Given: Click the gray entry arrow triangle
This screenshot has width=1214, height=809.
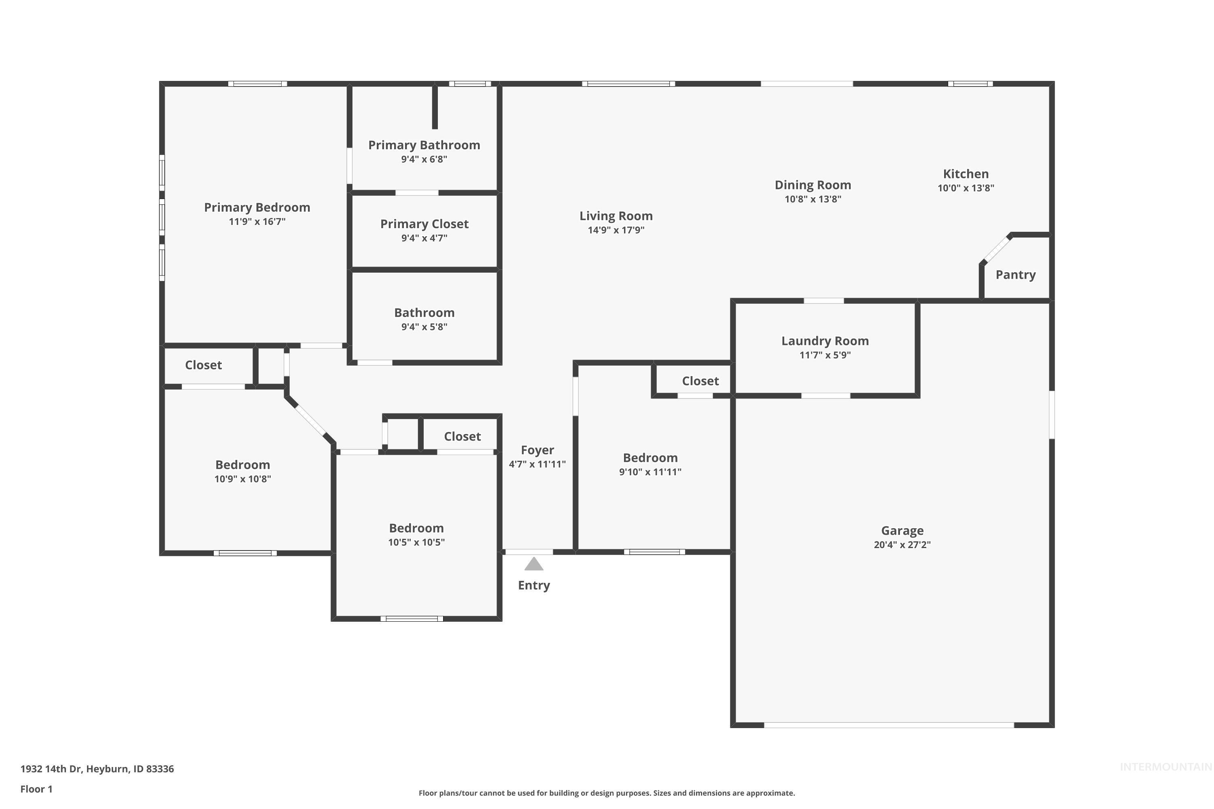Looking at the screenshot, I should [x=534, y=564].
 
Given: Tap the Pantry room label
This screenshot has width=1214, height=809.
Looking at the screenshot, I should [x=1015, y=275].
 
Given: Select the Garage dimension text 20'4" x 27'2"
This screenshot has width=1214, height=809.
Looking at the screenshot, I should [x=902, y=545].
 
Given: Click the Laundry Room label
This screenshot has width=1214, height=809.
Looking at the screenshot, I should [x=825, y=341].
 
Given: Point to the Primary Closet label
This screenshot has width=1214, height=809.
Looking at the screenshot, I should [x=424, y=224].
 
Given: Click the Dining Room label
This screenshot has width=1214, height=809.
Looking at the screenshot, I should [x=813, y=185].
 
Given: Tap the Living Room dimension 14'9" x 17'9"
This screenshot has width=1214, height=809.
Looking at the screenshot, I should [x=616, y=230].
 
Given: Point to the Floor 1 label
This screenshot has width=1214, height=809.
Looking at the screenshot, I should [x=36, y=789].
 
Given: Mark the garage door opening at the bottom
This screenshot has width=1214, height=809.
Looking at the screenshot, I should [x=889, y=725].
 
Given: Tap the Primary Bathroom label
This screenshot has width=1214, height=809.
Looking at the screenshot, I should [x=424, y=145].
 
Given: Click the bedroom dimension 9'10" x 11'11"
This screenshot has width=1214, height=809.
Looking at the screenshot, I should [x=650, y=472].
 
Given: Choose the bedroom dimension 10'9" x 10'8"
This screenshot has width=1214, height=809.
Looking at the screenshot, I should [x=242, y=479].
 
